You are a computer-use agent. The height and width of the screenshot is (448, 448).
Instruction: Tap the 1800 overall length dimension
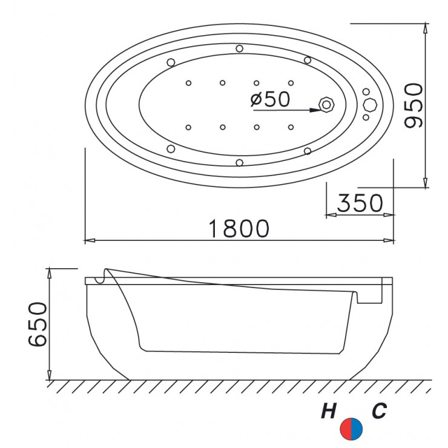click(239, 229)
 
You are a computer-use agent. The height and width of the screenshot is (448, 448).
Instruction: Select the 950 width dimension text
click(414, 106)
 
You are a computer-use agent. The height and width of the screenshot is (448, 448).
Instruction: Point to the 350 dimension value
click(360, 203)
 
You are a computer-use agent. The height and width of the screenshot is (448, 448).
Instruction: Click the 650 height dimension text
click(38, 323)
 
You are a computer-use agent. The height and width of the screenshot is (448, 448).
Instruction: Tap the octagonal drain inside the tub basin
click(328, 105)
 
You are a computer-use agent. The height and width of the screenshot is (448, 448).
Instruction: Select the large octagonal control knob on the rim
click(369, 105)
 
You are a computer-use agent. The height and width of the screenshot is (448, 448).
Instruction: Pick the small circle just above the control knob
click(366, 93)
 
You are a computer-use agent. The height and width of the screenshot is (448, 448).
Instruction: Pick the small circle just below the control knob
click(366, 117)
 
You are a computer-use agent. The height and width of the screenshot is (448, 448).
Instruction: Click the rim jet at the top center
click(240, 48)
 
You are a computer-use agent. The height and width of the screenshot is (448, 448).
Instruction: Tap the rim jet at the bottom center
click(240, 162)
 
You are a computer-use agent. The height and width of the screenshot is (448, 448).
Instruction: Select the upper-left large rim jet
click(171, 62)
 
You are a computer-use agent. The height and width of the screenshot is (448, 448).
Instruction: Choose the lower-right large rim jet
click(308, 150)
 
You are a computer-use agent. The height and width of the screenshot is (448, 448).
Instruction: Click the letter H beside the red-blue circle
click(329, 412)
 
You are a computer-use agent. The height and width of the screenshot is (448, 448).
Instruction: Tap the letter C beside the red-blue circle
click(379, 412)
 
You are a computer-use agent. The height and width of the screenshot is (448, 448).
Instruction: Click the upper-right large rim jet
click(308, 60)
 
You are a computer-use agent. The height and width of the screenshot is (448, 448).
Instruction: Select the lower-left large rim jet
click(171, 149)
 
